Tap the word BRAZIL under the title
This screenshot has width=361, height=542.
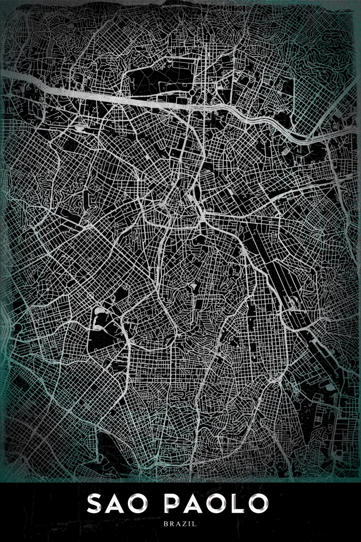pyautogui.click(x=181, y=524)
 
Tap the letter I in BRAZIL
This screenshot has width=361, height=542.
pyautogui.click(x=189, y=524)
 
